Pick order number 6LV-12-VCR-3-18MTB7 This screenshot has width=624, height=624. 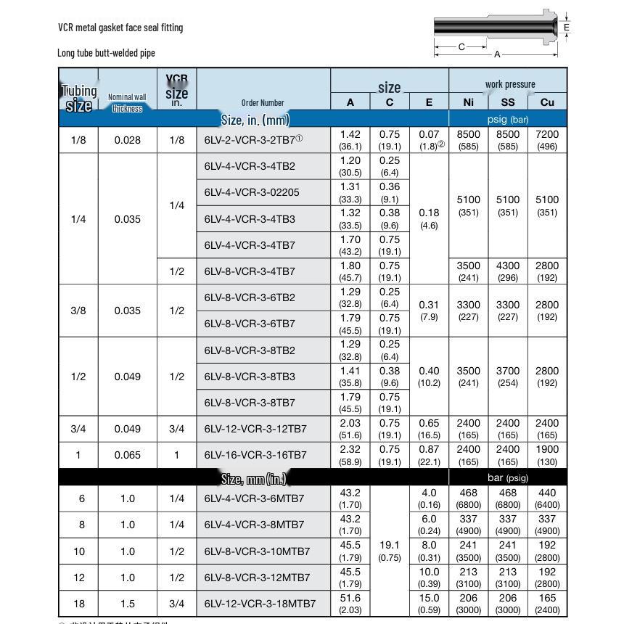[260, 604]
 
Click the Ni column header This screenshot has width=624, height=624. [469, 102]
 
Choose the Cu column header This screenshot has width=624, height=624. [547, 102]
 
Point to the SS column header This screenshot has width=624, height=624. [508, 102]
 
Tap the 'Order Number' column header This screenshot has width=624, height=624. [263, 102]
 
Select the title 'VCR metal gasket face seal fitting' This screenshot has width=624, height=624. [120, 28]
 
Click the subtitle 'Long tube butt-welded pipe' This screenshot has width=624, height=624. [106, 52]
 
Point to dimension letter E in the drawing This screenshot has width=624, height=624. [567, 28]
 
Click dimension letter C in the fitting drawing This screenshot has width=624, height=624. [461, 46]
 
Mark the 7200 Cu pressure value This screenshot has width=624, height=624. [547, 134]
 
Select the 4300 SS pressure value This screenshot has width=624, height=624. [508, 266]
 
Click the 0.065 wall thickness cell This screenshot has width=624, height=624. [128, 455]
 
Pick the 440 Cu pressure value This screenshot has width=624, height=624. [547, 493]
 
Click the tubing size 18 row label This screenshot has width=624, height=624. [78, 604]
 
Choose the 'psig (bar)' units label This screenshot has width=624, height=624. [508, 119]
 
